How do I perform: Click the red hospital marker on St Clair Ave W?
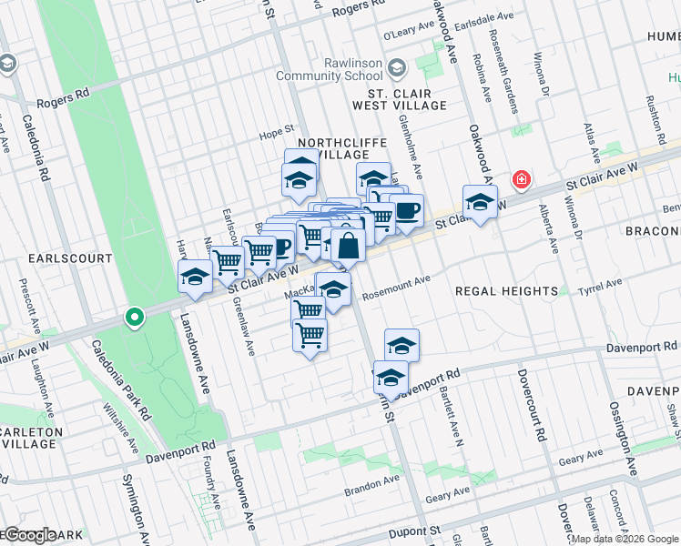[521, 180]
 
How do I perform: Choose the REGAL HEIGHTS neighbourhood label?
[507, 290]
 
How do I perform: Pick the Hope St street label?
[279, 129]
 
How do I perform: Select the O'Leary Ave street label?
[404, 35]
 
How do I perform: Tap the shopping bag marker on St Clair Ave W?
[348, 245]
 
